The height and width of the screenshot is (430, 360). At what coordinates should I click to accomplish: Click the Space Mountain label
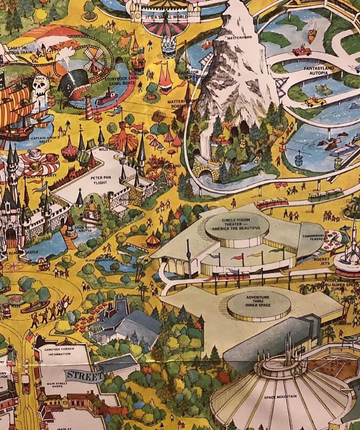coord(280,397)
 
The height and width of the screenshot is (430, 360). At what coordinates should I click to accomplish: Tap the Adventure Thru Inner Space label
coord(258,301)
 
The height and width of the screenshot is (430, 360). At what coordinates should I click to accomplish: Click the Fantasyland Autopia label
coord(319,70)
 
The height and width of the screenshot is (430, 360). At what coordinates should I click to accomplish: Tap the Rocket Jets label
coord(322,261)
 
